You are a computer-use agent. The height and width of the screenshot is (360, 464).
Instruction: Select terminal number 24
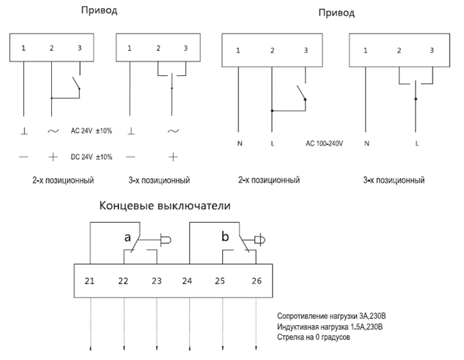point(188,280)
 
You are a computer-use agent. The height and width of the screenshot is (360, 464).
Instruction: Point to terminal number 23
point(156,280)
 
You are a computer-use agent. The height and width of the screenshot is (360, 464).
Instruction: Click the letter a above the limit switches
point(127,237)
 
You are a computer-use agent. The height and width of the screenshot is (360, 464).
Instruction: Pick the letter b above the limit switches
point(226,237)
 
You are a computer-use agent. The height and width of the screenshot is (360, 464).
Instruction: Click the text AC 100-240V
point(325,144)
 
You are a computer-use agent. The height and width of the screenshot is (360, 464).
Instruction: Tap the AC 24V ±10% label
point(91,130)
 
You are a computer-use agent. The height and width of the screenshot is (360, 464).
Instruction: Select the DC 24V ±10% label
point(91,156)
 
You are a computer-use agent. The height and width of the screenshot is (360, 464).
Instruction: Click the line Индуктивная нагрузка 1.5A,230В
point(330,328)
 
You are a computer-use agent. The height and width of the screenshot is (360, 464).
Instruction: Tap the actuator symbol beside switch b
point(260,240)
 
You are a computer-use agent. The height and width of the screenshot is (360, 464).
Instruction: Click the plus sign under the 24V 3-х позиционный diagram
point(172,156)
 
